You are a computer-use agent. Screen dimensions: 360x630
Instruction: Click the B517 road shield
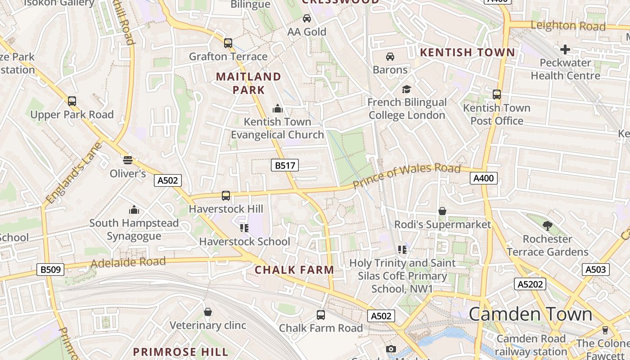(x=285, y=166)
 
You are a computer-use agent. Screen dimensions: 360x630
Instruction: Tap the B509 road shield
(x=50, y=270)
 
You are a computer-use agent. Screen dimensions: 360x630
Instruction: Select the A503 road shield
(x=596, y=270)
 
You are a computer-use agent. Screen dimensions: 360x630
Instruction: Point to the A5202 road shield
(x=530, y=284)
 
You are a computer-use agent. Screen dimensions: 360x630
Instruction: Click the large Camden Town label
(x=531, y=314)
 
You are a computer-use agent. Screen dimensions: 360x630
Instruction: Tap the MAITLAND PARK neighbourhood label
(x=248, y=83)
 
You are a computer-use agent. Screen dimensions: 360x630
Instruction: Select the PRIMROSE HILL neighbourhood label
(x=181, y=351)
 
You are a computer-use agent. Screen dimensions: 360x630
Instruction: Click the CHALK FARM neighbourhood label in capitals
(x=294, y=270)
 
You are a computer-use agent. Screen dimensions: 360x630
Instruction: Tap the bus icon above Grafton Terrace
(x=228, y=43)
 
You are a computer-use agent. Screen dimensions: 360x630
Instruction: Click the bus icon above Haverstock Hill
(x=226, y=196)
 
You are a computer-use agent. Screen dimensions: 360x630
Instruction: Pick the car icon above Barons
(x=390, y=57)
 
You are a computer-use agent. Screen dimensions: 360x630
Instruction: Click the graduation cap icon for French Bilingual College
(x=407, y=89)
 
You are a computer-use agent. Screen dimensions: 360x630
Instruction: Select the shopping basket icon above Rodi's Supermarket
(x=442, y=211)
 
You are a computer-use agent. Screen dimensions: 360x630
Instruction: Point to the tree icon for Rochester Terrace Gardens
(x=547, y=225)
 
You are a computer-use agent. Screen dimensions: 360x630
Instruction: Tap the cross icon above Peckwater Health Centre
(x=565, y=49)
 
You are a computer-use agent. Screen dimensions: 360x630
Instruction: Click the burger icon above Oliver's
(x=128, y=160)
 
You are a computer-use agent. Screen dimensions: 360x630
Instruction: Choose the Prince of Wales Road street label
(x=407, y=176)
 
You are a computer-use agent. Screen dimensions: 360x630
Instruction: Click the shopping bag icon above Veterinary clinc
(x=208, y=312)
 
